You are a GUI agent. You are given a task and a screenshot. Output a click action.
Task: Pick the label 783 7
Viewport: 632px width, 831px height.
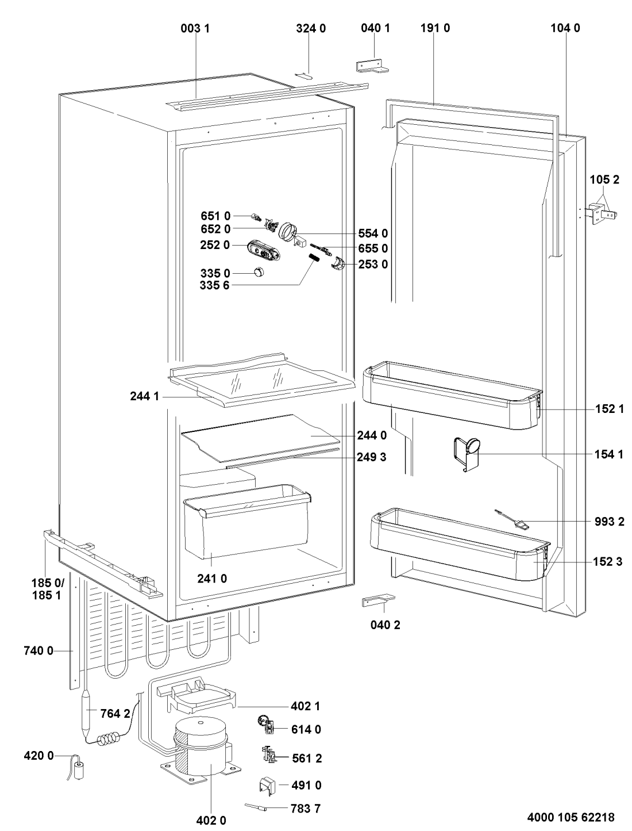[x=306, y=808]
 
